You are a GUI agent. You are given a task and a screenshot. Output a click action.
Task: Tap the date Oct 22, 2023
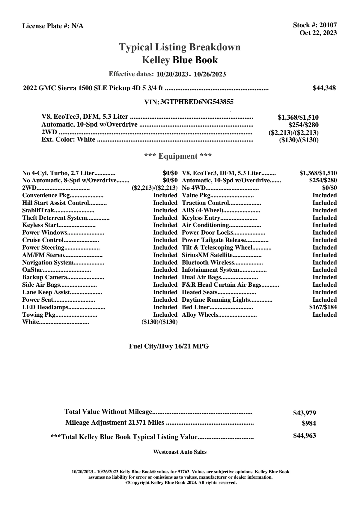318,33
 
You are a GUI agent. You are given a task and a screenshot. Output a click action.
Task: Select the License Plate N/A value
77,26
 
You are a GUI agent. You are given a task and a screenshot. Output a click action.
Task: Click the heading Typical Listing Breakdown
180,47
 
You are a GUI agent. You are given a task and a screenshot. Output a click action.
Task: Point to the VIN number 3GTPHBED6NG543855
197,102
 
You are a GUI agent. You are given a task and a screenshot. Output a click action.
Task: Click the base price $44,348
324,88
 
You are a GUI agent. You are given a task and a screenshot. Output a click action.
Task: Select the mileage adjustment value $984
309,423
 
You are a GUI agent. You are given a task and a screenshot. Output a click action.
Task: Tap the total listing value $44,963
304,436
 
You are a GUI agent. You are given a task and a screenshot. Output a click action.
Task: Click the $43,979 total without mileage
304,413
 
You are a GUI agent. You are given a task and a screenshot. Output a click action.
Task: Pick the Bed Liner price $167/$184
323,307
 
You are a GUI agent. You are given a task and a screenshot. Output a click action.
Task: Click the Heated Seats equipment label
200,292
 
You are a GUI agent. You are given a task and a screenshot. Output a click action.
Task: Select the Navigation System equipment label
48,262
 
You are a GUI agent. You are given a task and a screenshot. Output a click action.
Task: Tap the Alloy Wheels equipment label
200,315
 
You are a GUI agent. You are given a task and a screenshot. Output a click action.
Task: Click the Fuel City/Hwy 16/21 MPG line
169,346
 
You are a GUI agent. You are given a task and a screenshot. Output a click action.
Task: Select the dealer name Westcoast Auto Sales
180,452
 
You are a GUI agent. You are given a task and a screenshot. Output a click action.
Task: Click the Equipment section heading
178,156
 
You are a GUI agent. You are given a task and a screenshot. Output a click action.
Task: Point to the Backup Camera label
44,277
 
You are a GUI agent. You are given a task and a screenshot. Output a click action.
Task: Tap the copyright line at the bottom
181,483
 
